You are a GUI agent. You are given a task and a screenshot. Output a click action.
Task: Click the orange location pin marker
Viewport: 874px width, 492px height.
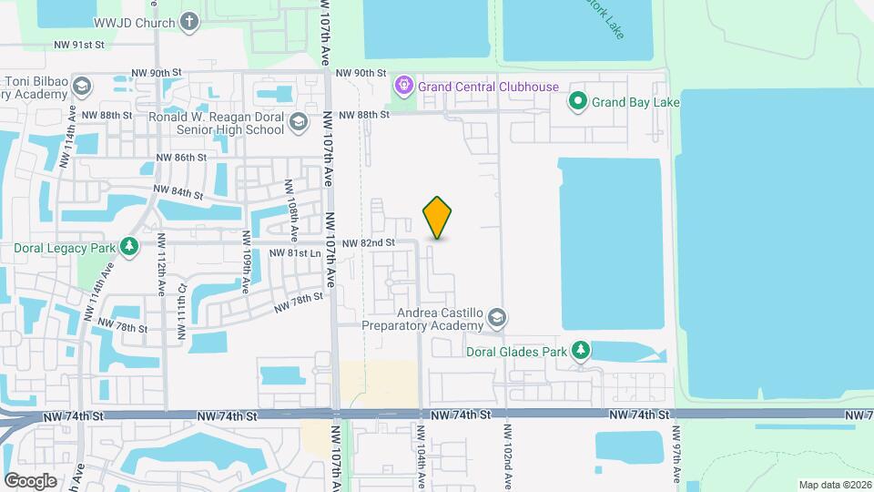point(438,218)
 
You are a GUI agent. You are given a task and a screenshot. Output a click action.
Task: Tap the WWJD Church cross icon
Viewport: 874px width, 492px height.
point(189,21)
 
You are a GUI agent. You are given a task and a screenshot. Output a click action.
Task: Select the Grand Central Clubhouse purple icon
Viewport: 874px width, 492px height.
point(404,87)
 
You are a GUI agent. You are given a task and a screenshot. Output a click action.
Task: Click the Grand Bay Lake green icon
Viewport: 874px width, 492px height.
point(577,102)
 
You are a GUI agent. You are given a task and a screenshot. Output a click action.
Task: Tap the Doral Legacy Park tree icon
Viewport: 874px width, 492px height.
point(129,247)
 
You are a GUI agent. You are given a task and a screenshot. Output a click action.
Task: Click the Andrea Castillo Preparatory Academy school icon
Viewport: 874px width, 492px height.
point(497,318)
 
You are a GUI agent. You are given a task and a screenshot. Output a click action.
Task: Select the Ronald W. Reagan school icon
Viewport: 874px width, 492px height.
point(298,123)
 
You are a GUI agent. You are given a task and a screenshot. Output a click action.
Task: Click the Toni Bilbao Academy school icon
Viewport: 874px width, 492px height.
point(82,87)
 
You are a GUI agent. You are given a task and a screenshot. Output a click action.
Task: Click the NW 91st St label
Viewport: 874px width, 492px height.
point(79,44)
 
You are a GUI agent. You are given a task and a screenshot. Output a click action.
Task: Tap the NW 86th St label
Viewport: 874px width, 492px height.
point(182,158)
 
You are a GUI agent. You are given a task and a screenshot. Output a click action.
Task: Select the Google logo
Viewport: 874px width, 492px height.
point(29,480)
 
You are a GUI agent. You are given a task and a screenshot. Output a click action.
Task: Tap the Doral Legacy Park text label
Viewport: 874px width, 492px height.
point(64,248)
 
